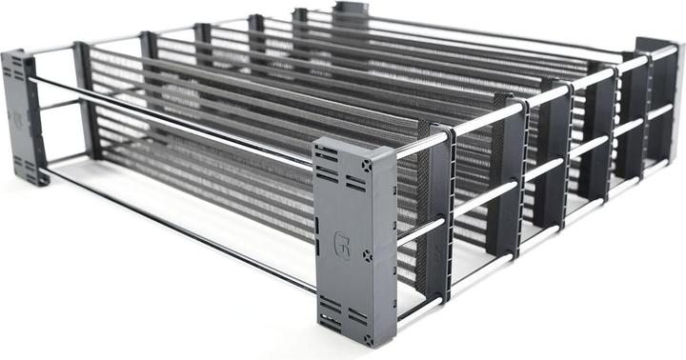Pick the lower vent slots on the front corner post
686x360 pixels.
(x=333, y=313)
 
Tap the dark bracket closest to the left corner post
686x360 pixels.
(x=85, y=100)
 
